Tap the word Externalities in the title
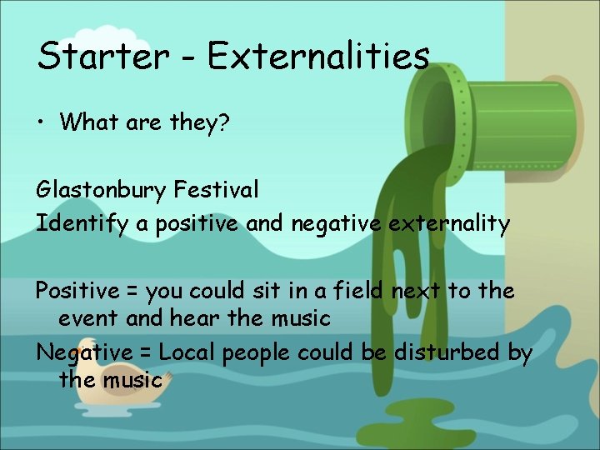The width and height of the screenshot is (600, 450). pos(318,56)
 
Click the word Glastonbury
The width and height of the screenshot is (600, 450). pos(101,191)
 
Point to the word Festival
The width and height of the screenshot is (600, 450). pos(216,190)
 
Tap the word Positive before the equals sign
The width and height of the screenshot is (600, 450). pos(77,292)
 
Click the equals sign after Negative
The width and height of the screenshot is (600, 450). pos(146,354)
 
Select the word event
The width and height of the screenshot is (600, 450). pos(87,318)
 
